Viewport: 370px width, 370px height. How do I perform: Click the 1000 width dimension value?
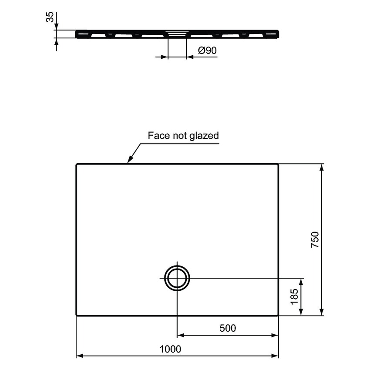[170, 349]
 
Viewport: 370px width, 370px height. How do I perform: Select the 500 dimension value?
[228, 328]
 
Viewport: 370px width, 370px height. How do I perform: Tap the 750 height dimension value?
[315, 240]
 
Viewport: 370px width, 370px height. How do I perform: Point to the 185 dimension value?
[294, 296]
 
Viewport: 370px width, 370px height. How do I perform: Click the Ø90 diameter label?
[207, 50]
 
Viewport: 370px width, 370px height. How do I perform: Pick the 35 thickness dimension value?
[50, 17]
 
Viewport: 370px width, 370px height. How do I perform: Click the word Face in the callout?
[158, 135]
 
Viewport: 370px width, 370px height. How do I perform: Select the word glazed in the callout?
[204, 136]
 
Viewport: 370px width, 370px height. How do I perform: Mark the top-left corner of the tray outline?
[77, 165]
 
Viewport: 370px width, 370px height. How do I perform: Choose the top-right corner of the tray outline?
[278, 165]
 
